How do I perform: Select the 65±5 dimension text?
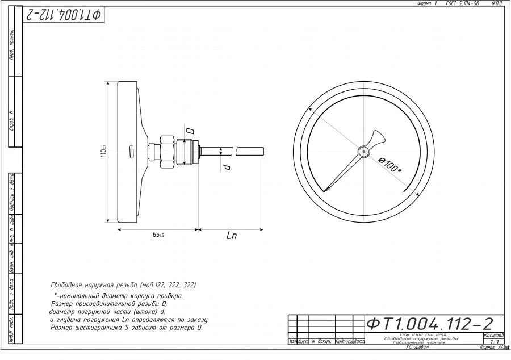pyautogui.click(x=158, y=235)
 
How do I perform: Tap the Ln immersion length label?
pyautogui.click(x=231, y=236)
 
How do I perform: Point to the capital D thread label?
pyautogui.click(x=190, y=131)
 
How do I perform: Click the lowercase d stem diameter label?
pyautogui.click(x=226, y=168)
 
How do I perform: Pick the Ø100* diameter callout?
pyautogui.click(x=390, y=165)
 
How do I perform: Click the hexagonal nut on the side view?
pyautogui.click(x=168, y=151)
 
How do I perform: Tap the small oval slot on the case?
pyautogui.click(x=132, y=152)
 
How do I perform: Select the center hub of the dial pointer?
pyautogui.click(x=363, y=151)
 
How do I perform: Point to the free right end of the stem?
pyautogui.click(x=262, y=151)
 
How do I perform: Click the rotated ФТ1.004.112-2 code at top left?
pyautogui.click(x=63, y=15)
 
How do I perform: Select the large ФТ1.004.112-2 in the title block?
pyautogui.click(x=429, y=324)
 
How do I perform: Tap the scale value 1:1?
pyautogui.click(x=493, y=342)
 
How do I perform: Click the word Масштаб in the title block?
pyautogui.click(x=493, y=335)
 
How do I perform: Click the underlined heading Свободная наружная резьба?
pyautogui.click(x=97, y=286)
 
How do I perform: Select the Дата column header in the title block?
pyautogui.click(x=359, y=341)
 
